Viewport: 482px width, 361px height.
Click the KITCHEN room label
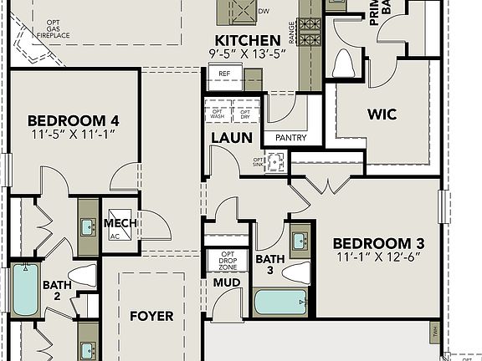click(x=247, y=40)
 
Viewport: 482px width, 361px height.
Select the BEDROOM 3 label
click(x=378, y=243)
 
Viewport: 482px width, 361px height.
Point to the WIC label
click(x=387, y=114)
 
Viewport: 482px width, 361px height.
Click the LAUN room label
click(x=227, y=138)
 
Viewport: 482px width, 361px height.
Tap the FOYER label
click(x=151, y=316)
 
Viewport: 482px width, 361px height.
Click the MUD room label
click(x=227, y=283)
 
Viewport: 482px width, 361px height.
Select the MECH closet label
click(x=120, y=224)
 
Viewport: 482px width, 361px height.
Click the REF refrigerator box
click(x=224, y=74)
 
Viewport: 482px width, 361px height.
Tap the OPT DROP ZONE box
click(x=227, y=259)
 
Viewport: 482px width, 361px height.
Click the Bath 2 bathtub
click(x=24, y=291)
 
